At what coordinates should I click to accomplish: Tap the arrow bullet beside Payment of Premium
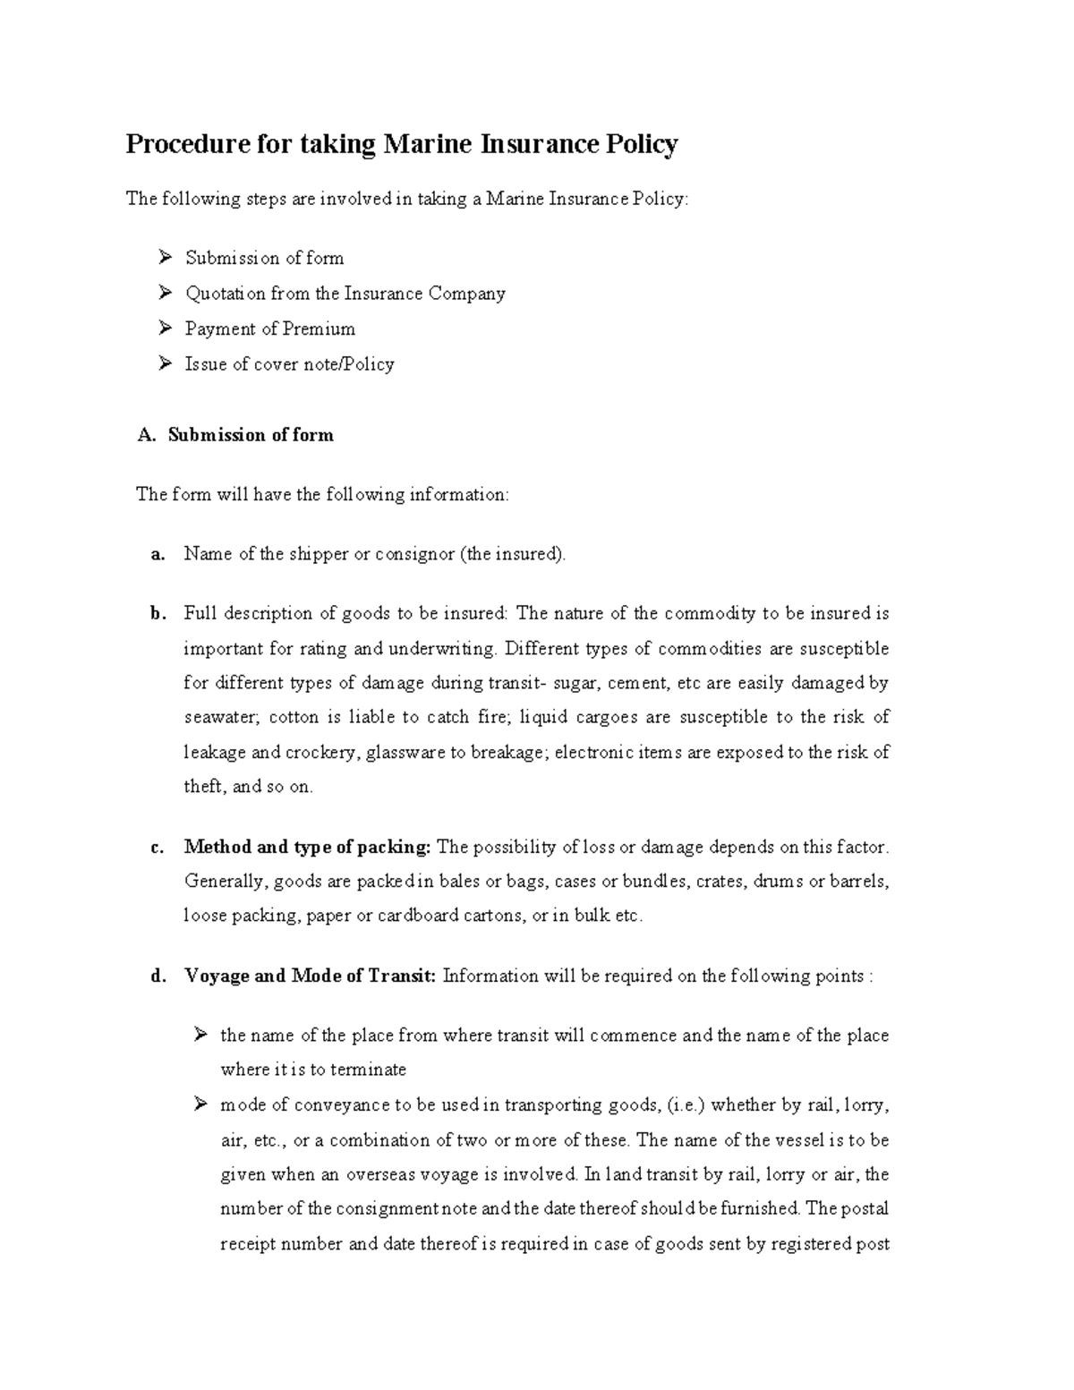coord(165,328)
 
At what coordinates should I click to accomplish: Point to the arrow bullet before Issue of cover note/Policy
coord(165,363)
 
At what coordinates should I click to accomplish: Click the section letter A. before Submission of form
coord(147,436)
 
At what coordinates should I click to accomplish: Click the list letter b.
coord(158,614)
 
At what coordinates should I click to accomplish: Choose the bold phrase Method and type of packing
coord(308,848)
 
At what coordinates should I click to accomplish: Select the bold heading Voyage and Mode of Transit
coord(310,976)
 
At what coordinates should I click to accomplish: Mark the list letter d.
coord(158,976)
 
